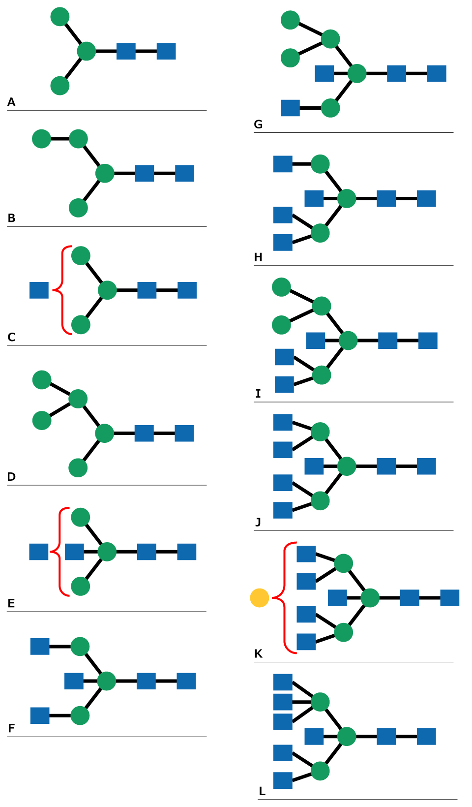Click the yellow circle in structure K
[x=260, y=598]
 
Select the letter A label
[x=11, y=102]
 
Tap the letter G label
[x=258, y=124]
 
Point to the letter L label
[x=262, y=791]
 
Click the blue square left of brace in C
[x=39, y=290]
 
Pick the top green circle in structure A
[x=60, y=17]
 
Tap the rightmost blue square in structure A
[x=166, y=51]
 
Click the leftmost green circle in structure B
[x=41, y=139]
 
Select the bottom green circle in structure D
[x=78, y=467]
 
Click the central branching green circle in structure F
[x=107, y=681]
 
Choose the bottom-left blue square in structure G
[x=290, y=108]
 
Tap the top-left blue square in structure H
[x=283, y=164]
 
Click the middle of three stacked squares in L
[x=283, y=702]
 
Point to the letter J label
[x=258, y=522]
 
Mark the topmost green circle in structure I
[x=281, y=287]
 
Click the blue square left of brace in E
[x=39, y=552]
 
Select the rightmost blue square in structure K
[x=449, y=598]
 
